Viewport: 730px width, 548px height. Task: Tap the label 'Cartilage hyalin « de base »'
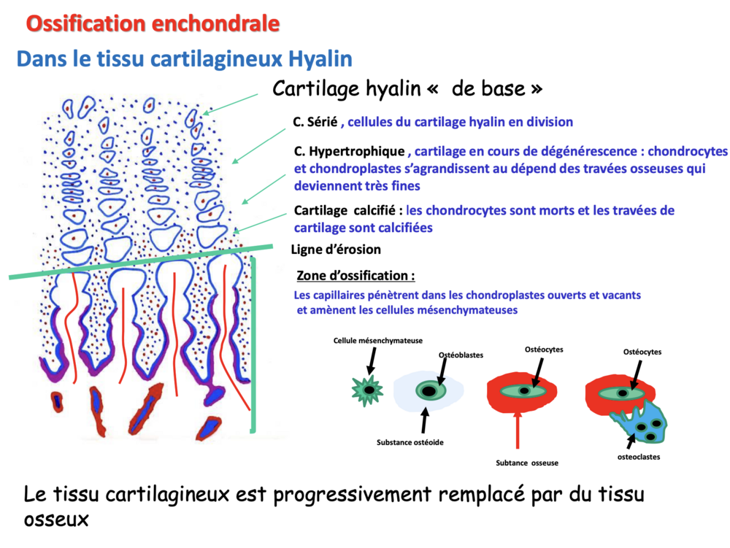click(407, 89)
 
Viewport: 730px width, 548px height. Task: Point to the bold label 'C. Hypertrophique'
click(349, 152)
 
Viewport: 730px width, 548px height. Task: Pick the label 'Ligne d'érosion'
click(336, 250)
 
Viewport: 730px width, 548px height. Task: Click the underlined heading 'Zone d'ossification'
click(356, 277)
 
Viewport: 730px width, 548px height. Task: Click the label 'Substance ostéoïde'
click(411, 441)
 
